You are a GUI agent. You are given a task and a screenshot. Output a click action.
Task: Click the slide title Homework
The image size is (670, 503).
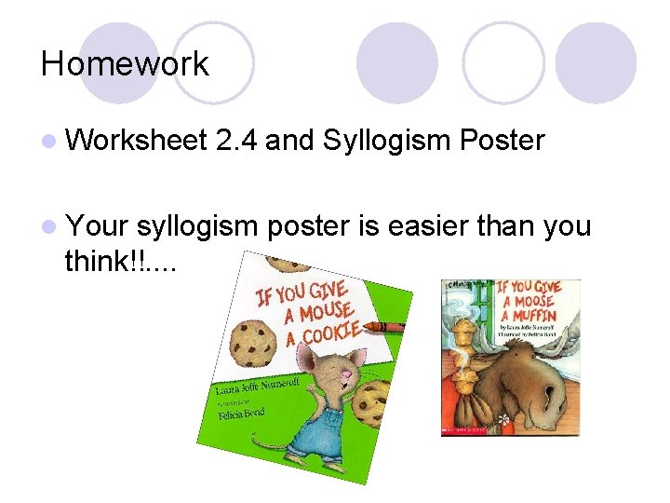click(x=125, y=64)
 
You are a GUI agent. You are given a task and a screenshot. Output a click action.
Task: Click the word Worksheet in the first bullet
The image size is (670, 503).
click(x=136, y=141)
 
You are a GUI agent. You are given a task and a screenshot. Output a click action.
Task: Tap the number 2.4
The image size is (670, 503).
click(x=237, y=141)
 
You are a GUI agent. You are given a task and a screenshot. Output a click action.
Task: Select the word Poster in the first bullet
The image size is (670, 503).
click(x=502, y=141)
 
